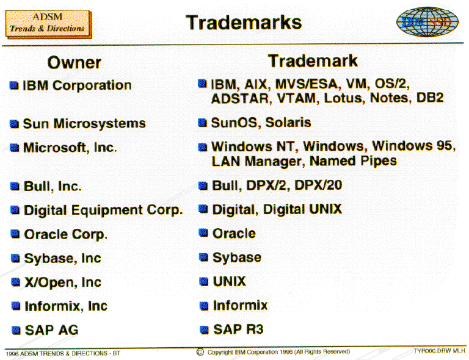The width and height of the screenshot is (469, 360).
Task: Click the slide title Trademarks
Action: (244, 23)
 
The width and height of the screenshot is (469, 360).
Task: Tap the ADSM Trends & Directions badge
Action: (48, 24)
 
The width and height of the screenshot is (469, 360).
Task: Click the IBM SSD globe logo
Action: (427, 21)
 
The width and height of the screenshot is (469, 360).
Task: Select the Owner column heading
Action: (74, 63)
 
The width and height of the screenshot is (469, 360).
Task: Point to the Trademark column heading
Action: (313, 61)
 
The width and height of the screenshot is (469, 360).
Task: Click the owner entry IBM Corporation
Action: (77, 85)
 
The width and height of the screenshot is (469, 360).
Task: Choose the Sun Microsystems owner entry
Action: (84, 123)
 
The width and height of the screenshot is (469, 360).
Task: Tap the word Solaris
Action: (288, 123)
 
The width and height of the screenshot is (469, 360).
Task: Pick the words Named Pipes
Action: (353, 160)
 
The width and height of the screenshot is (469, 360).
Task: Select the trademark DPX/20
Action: (318, 185)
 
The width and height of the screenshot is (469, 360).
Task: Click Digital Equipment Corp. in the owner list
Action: (103, 210)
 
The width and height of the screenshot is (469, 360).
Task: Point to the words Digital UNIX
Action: (302, 209)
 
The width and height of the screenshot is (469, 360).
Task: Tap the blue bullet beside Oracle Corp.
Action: (15, 234)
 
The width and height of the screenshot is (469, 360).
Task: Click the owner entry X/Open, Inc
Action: (63, 283)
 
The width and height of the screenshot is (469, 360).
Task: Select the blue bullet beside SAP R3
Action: (204, 329)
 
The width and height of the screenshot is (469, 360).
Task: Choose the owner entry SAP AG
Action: (51, 331)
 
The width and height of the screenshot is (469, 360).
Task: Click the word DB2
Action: (430, 98)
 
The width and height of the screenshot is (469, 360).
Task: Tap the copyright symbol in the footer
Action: (200, 352)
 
